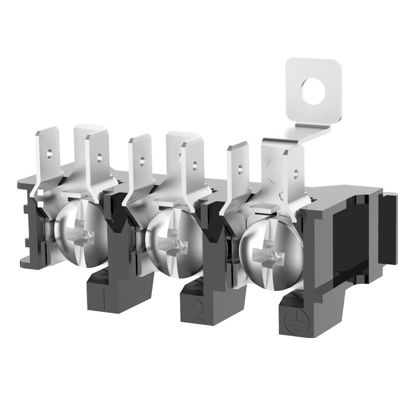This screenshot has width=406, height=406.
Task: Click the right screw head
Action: [271, 253]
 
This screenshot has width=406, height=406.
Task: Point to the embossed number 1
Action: [103, 299]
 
